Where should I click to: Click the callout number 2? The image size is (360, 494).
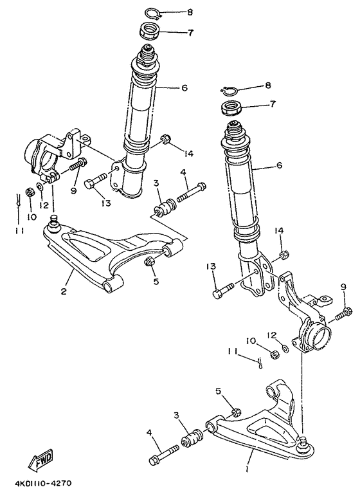(x=64, y=291)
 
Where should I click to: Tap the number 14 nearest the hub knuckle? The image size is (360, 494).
(x=278, y=231)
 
